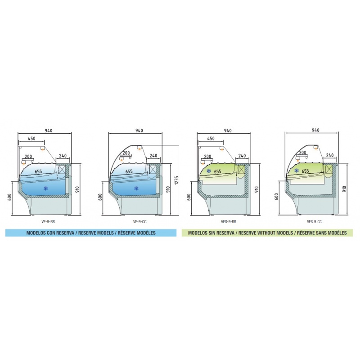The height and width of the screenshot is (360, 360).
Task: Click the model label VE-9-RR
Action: coord(49,221)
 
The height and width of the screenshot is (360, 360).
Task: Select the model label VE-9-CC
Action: coord(139,221)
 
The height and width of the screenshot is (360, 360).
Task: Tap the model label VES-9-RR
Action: coord(229,221)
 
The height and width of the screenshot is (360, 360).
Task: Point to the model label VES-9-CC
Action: coord(314,221)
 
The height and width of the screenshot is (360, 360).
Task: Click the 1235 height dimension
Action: coord(177,181)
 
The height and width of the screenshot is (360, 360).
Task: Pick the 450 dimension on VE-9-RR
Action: coord(31,139)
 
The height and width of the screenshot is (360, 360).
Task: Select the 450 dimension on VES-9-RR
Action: coord(211,139)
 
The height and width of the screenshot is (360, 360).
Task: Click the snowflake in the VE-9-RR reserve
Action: coord(46,189)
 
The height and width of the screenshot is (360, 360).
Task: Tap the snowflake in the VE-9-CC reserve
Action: coord(136,189)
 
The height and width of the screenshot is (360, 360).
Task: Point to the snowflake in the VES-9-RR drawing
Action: coord(209,171)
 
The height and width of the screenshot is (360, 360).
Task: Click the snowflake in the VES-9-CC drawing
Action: coord(297,171)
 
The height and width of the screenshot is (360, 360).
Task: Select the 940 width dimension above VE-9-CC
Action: coord(139,130)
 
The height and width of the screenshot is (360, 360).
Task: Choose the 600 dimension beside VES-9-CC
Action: coord(276,197)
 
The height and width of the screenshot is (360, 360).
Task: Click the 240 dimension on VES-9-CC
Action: coord(330,155)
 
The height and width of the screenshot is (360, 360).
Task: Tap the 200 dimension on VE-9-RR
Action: coord(28,157)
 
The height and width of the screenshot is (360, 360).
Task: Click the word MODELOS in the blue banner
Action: coord(36,233)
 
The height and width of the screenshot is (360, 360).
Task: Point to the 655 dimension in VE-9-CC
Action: coord(129,171)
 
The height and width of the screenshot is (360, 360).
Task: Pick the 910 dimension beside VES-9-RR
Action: coord(256,189)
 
